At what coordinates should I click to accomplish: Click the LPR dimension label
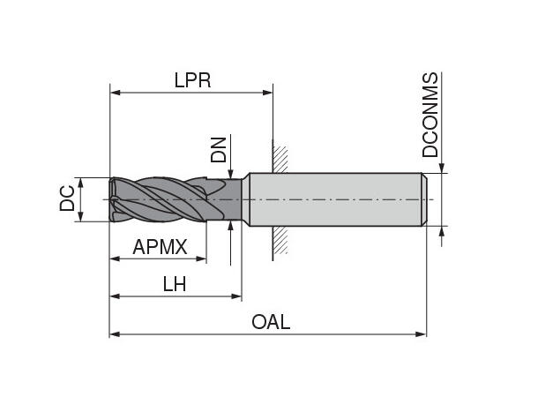click(x=193, y=81)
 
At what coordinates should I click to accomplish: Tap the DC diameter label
click(x=67, y=199)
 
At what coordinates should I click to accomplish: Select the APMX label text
click(x=160, y=248)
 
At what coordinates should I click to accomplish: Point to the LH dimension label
click(x=174, y=284)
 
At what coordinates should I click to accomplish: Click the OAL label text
click(x=271, y=323)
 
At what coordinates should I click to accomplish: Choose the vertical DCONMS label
click(x=430, y=116)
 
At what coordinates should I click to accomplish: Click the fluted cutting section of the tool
click(x=163, y=198)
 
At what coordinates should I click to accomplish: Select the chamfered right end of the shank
click(x=424, y=198)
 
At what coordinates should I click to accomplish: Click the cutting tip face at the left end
click(x=113, y=198)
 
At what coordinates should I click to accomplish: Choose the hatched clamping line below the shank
click(x=279, y=240)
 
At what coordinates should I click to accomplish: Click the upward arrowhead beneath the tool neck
click(x=230, y=226)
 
